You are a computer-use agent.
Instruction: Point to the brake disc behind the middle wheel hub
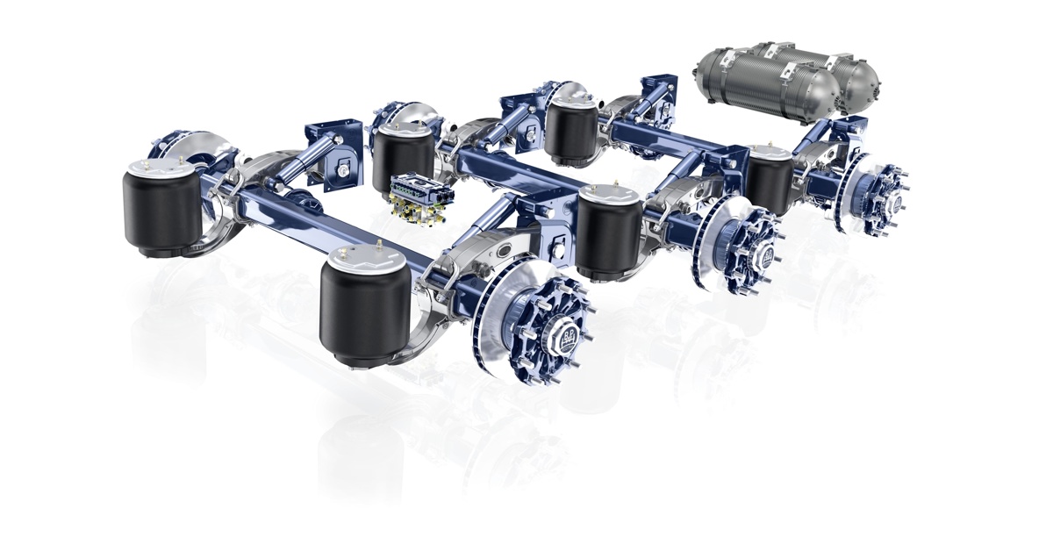(x=706, y=237)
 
